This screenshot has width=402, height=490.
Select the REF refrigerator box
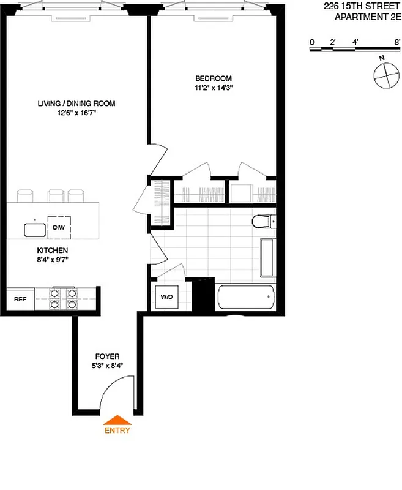click(x=20, y=300)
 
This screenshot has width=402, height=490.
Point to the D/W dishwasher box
click(x=59, y=228)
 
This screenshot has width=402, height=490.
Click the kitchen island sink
click(x=35, y=230)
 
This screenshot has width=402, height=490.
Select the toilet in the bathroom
click(x=262, y=221)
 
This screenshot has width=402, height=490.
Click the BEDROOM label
click(x=213, y=78)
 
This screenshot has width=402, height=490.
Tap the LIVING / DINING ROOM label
click(x=76, y=104)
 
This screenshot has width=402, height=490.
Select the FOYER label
click(x=107, y=356)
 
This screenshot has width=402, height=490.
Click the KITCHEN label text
click(x=52, y=251)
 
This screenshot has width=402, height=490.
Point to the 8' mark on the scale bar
click(x=397, y=42)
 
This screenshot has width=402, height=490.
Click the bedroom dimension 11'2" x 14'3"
click(x=213, y=87)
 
